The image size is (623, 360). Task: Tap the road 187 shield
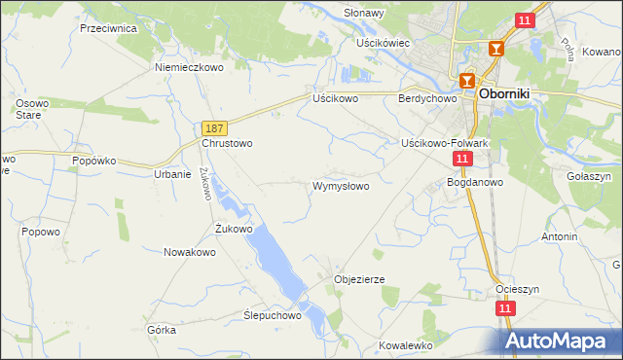coord(215,127)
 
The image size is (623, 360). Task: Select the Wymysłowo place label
coord(340,186)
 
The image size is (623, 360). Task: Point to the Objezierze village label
coord(359,279)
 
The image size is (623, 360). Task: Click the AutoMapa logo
coord(560,341)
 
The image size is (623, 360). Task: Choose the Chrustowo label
coord(227,143)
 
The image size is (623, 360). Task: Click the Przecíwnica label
coord(108,29)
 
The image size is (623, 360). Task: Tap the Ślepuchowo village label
coord(272,316)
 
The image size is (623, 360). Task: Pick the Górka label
coord(162,330)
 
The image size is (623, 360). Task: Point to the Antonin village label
coord(560,236)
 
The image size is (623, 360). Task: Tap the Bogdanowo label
coord(474,182)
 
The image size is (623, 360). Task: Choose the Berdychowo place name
coord(427,99)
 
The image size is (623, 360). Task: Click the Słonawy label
coord(365,13)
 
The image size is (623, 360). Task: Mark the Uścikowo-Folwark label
coord(444,143)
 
